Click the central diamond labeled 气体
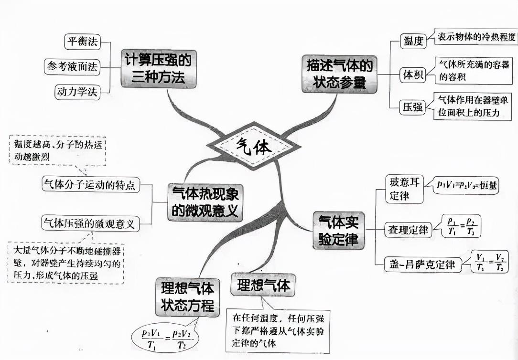click(254, 145)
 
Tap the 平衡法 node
click(83, 42)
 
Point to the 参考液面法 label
click(72, 66)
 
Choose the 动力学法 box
click(77, 92)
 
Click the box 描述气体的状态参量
click(339, 74)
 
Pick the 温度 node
click(413, 42)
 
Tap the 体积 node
click(412, 75)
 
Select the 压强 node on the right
click(412, 107)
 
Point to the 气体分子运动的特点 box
click(91, 184)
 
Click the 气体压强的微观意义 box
click(90, 222)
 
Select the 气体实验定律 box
click(338, 230)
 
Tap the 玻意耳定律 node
click(404, 189)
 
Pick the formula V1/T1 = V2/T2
click(490, 262)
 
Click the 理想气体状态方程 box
click(187, 296)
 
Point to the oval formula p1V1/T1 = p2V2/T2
click(165, 338)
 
